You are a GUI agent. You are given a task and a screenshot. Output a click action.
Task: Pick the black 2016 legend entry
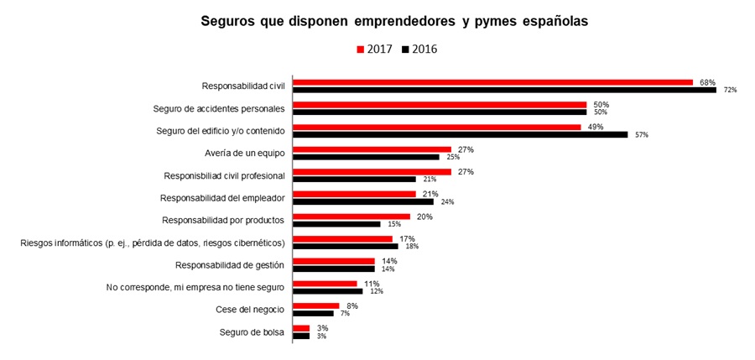[419, 49]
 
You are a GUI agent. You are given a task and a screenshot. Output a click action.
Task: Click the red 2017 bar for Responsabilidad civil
[492, 82]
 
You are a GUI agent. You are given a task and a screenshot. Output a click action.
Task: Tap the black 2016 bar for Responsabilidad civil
[504, 89]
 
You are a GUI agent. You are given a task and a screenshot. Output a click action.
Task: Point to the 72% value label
[730, 90]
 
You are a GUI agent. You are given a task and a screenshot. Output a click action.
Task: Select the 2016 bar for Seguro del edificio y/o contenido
[460, 134]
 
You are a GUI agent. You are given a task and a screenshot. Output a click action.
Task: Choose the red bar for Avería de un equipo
[372, 149]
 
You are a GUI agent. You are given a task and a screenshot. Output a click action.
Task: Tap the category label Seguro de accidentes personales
[219, 108]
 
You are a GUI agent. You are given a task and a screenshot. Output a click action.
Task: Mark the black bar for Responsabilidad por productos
[336, 224]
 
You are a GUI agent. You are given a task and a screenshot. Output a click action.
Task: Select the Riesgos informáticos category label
[153, 243]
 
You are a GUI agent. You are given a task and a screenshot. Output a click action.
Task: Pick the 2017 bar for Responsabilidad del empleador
[354, 194]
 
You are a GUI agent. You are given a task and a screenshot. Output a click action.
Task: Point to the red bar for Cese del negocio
[315, 306]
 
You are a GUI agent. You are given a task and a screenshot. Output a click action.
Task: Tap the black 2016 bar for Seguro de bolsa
[301, 336]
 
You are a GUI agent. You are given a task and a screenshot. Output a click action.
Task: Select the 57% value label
[642, 134]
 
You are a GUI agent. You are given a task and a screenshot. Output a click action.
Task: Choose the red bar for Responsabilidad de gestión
[334, 261]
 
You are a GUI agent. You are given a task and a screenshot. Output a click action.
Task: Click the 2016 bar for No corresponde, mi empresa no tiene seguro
[328, 291]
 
